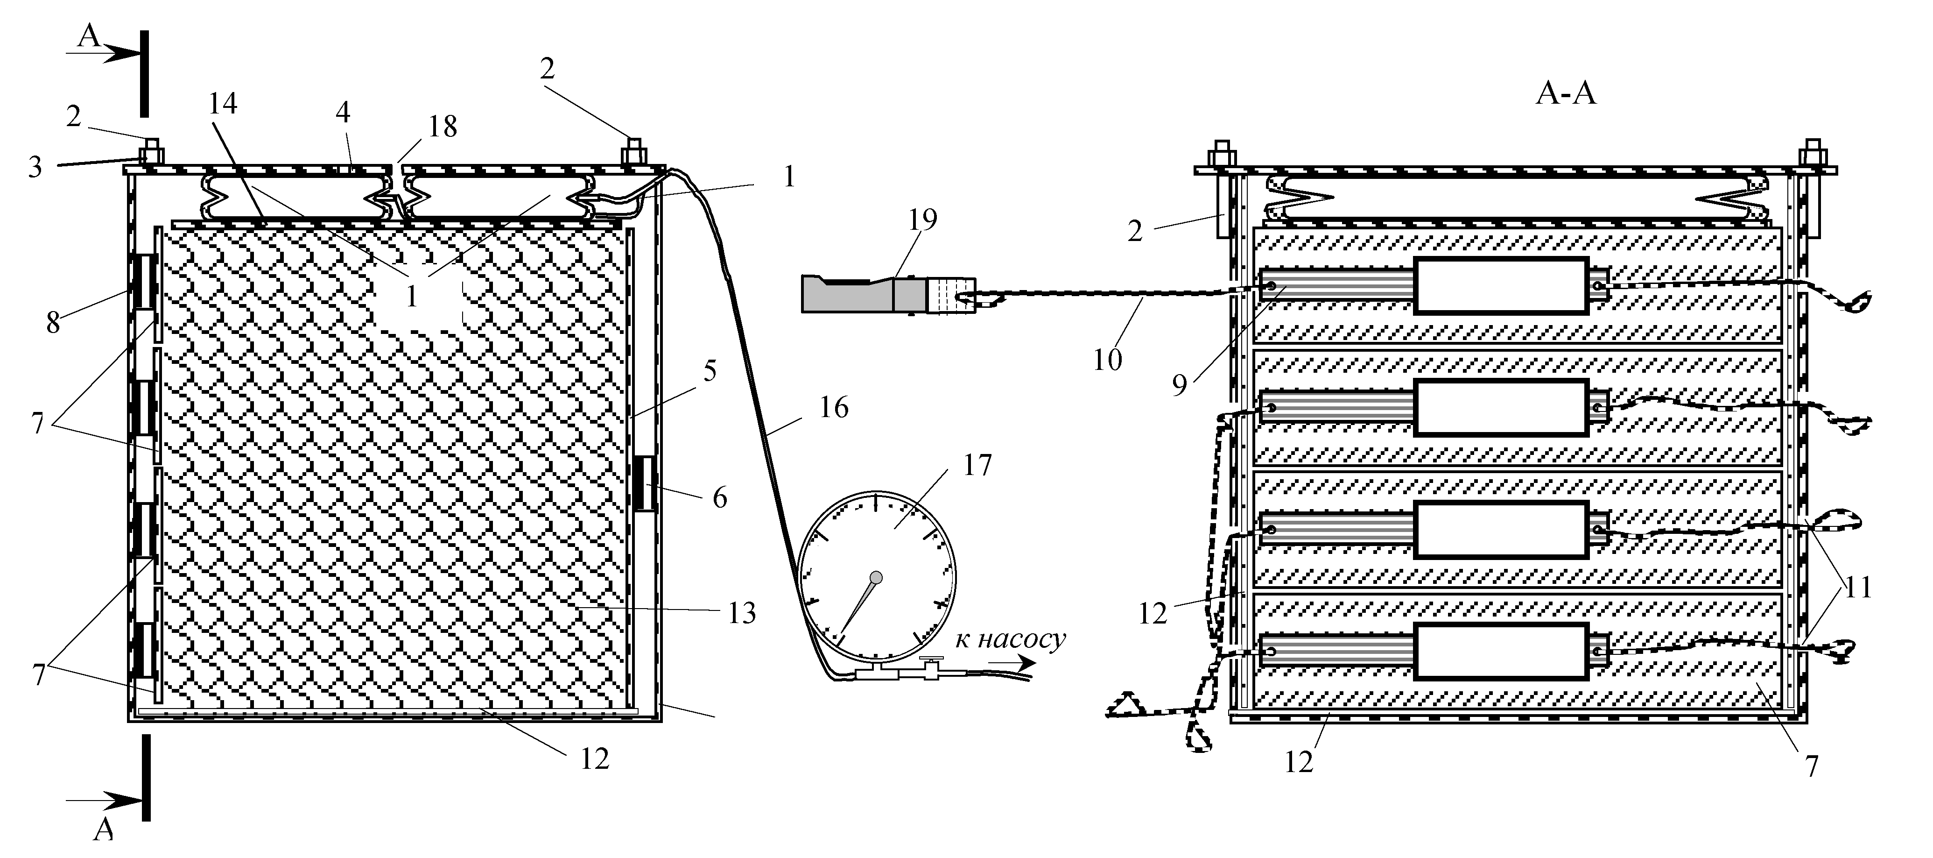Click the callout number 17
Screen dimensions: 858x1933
click(977, 466)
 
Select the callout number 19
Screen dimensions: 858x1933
click(922, 220)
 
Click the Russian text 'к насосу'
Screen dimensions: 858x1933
click(1010, 639)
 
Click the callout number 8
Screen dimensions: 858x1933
click(53, 323)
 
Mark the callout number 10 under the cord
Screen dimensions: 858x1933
click(1107, 360)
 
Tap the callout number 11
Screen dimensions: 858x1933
click(1858, 587)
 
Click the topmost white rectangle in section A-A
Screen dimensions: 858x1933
click(1501, 285)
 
